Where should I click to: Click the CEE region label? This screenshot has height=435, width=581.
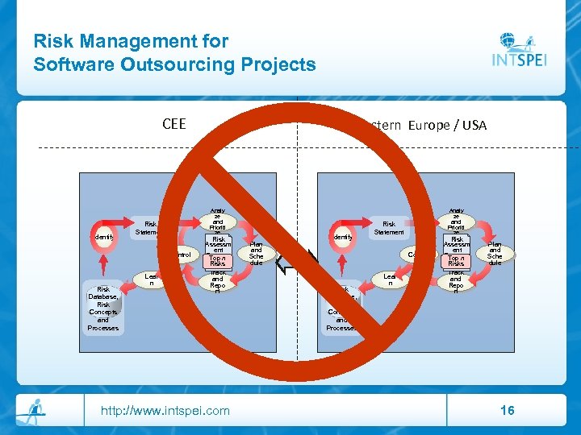173,124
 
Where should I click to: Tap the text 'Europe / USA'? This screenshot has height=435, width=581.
447,125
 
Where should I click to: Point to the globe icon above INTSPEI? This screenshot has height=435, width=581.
512,40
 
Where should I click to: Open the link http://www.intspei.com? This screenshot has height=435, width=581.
165,411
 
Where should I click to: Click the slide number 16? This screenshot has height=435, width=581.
508,411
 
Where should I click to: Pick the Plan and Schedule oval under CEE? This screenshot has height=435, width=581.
256,251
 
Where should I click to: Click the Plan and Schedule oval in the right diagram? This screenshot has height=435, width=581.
495,251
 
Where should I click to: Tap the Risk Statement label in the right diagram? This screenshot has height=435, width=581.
389,228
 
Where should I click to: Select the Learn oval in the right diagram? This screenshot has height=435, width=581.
389,280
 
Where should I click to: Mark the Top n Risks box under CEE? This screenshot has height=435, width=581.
218,260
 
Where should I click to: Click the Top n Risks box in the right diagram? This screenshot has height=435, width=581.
456,260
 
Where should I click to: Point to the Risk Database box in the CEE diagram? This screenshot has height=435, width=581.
103,308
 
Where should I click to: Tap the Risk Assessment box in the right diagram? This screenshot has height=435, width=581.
456,244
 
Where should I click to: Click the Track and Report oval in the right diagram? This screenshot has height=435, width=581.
456,281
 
